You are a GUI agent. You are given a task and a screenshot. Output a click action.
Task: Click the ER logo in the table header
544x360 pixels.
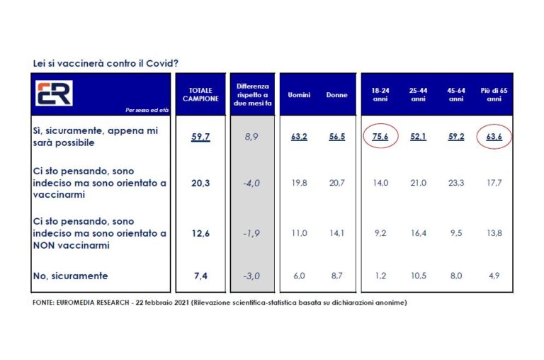[55, 93]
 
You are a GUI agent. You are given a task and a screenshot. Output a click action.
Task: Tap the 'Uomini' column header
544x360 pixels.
[299, 95]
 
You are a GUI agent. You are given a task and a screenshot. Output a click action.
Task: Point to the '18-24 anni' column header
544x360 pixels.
[380, 95]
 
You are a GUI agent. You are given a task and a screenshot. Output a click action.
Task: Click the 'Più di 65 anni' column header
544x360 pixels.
[490, 95]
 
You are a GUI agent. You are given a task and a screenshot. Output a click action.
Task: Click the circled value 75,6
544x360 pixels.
[380, 137]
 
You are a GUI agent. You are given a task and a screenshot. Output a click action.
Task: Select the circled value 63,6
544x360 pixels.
[490, 137]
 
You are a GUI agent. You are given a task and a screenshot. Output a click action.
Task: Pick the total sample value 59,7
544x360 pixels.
[200, 137]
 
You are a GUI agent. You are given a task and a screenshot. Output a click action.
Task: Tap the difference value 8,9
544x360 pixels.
[251, 137]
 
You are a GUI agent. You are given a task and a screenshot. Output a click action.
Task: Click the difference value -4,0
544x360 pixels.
[251, 182]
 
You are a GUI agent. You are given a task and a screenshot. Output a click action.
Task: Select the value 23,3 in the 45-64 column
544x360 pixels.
[455, 182]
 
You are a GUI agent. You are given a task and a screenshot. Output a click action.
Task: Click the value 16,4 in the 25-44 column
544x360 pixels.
[418, 231]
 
